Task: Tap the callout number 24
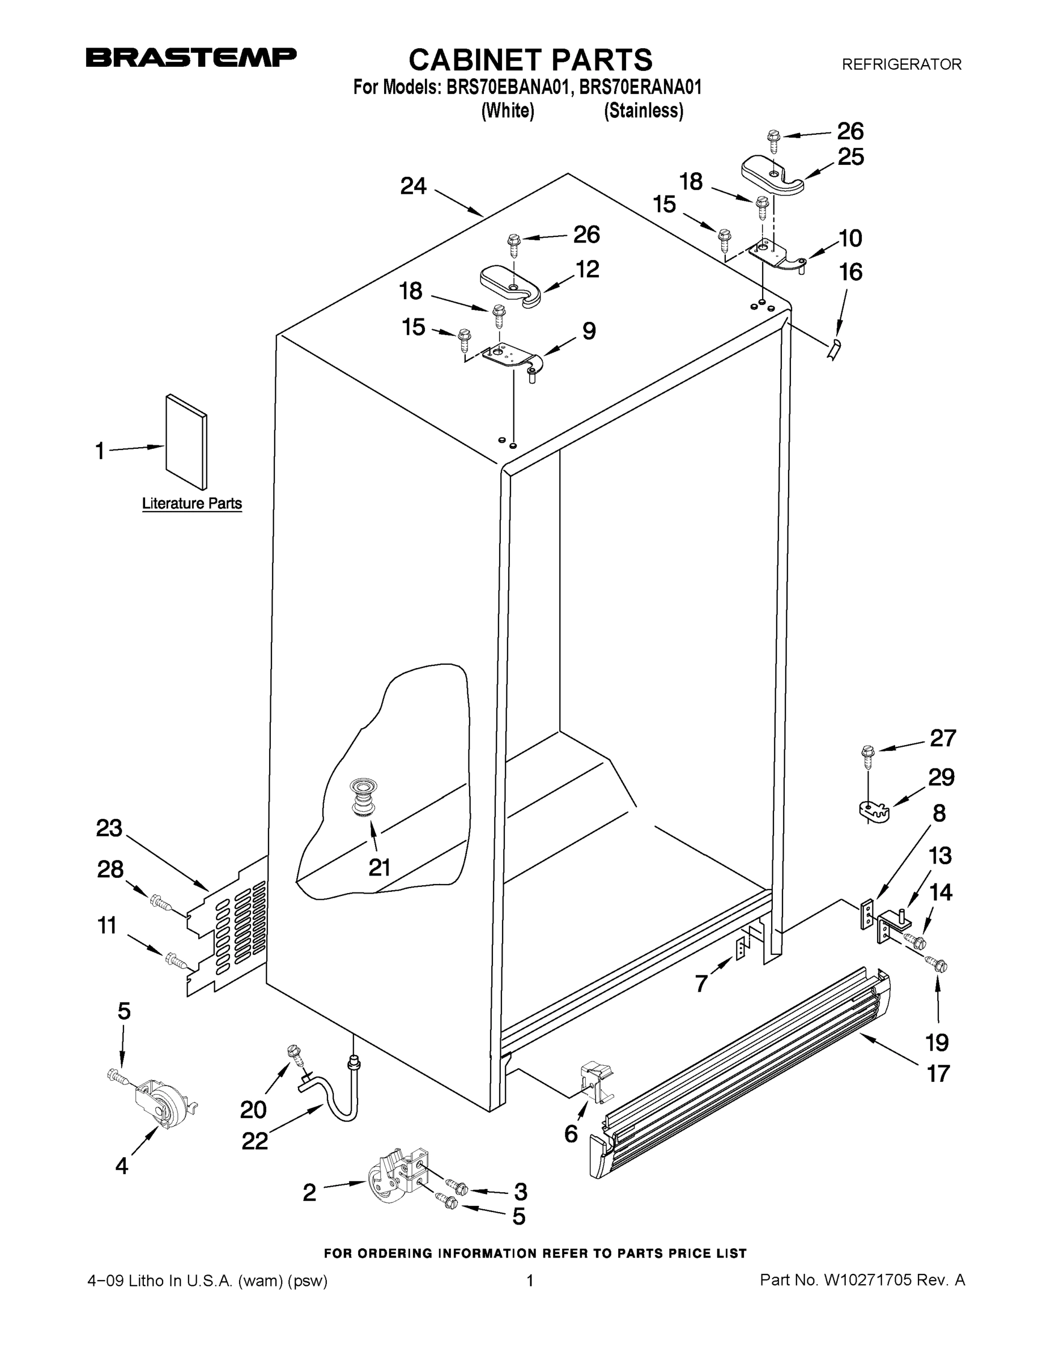(414, 185)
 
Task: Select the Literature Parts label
(192, 503)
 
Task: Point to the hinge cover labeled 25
(773, 175)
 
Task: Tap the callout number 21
(379, 868)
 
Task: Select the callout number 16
(851, 272)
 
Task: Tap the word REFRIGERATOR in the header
(901, 64)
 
